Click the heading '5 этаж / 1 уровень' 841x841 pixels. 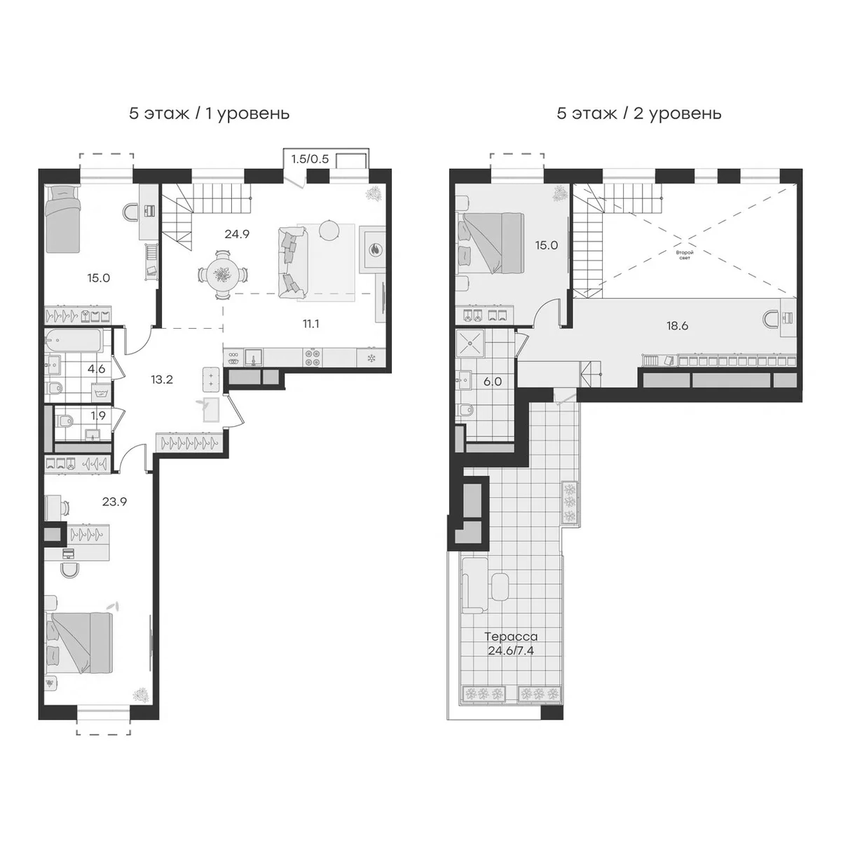coord(209,113)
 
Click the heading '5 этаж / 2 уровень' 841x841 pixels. coord(638,113)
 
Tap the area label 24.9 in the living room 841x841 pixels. coord(237,234)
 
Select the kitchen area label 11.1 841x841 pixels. coord(311,323)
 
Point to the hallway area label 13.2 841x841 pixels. coord(162,380)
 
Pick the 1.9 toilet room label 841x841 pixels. coord(97,415)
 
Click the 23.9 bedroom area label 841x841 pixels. coord(114,501)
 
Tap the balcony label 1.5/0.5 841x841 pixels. coord(310,159)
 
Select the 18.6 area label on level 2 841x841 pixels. coord(676,326)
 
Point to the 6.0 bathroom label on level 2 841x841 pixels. coord(493,381)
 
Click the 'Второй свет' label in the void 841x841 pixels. coord(684,254)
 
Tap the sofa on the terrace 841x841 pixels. coord(474,585)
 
